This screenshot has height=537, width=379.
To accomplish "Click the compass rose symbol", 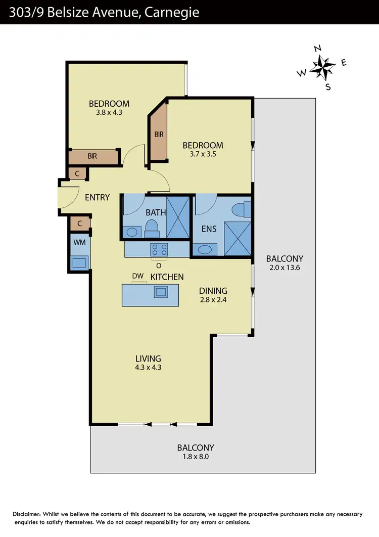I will (322, 67).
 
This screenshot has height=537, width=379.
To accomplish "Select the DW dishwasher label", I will (138, 276).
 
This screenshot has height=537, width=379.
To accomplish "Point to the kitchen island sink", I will (161, 291).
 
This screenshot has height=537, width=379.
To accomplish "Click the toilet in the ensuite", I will (242, 209).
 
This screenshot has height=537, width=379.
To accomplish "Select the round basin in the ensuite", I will (206, 249).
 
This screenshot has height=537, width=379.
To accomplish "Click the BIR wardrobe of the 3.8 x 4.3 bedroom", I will (93, 157).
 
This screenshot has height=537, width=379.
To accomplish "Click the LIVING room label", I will (148, 358).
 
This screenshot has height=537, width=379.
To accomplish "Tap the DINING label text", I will (213, 291).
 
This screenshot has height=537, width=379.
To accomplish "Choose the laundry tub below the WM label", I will (79, 262).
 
